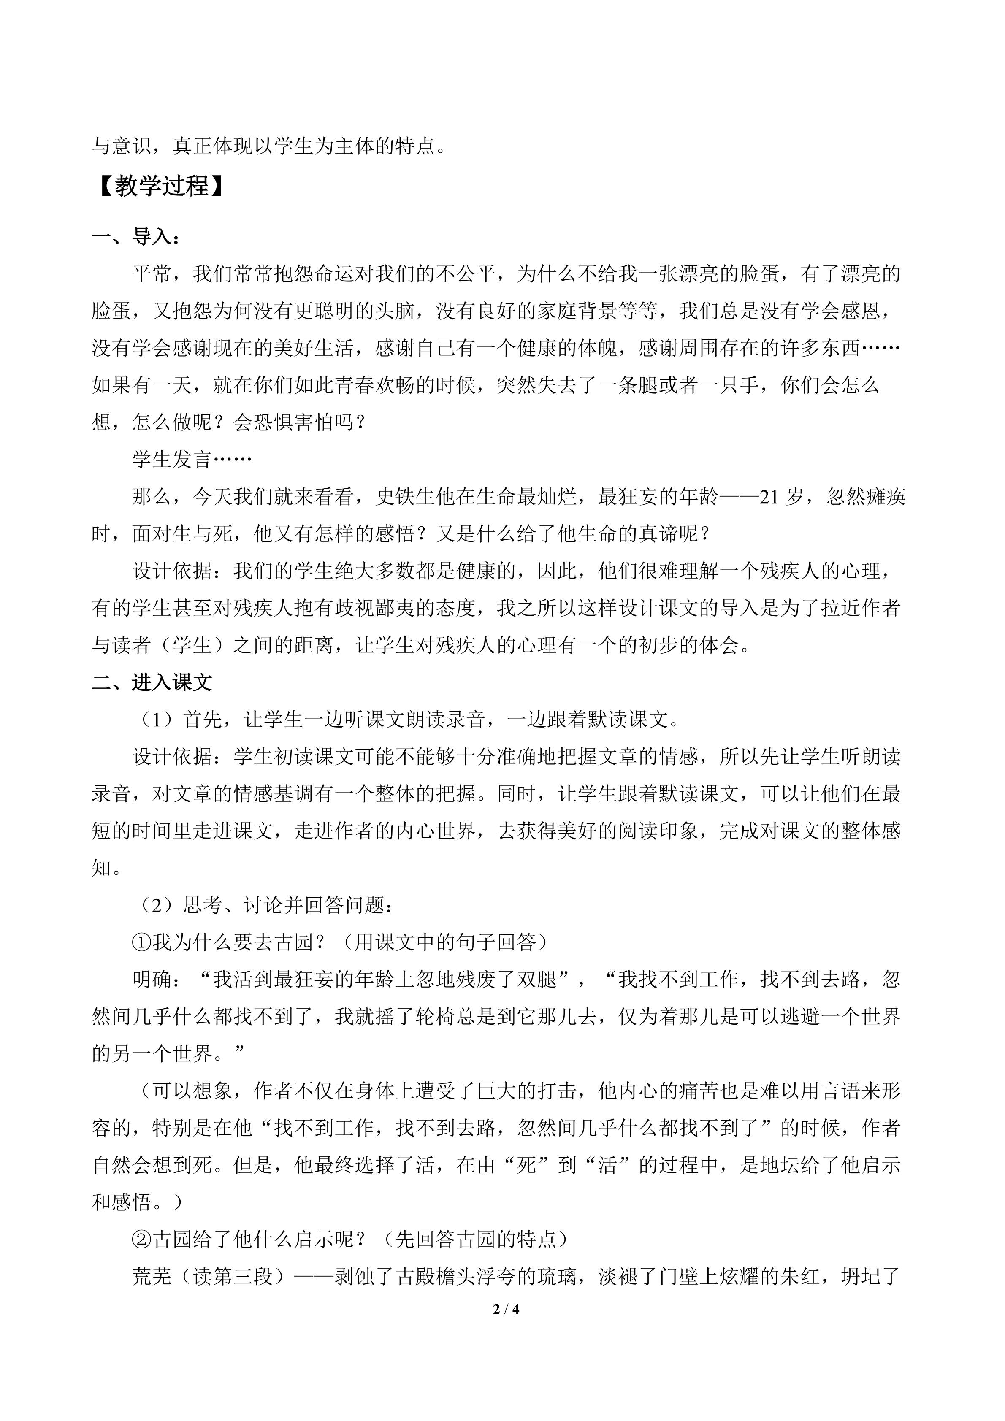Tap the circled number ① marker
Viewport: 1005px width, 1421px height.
(142, 942)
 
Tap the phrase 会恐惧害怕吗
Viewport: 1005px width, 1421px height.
(293, 423)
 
